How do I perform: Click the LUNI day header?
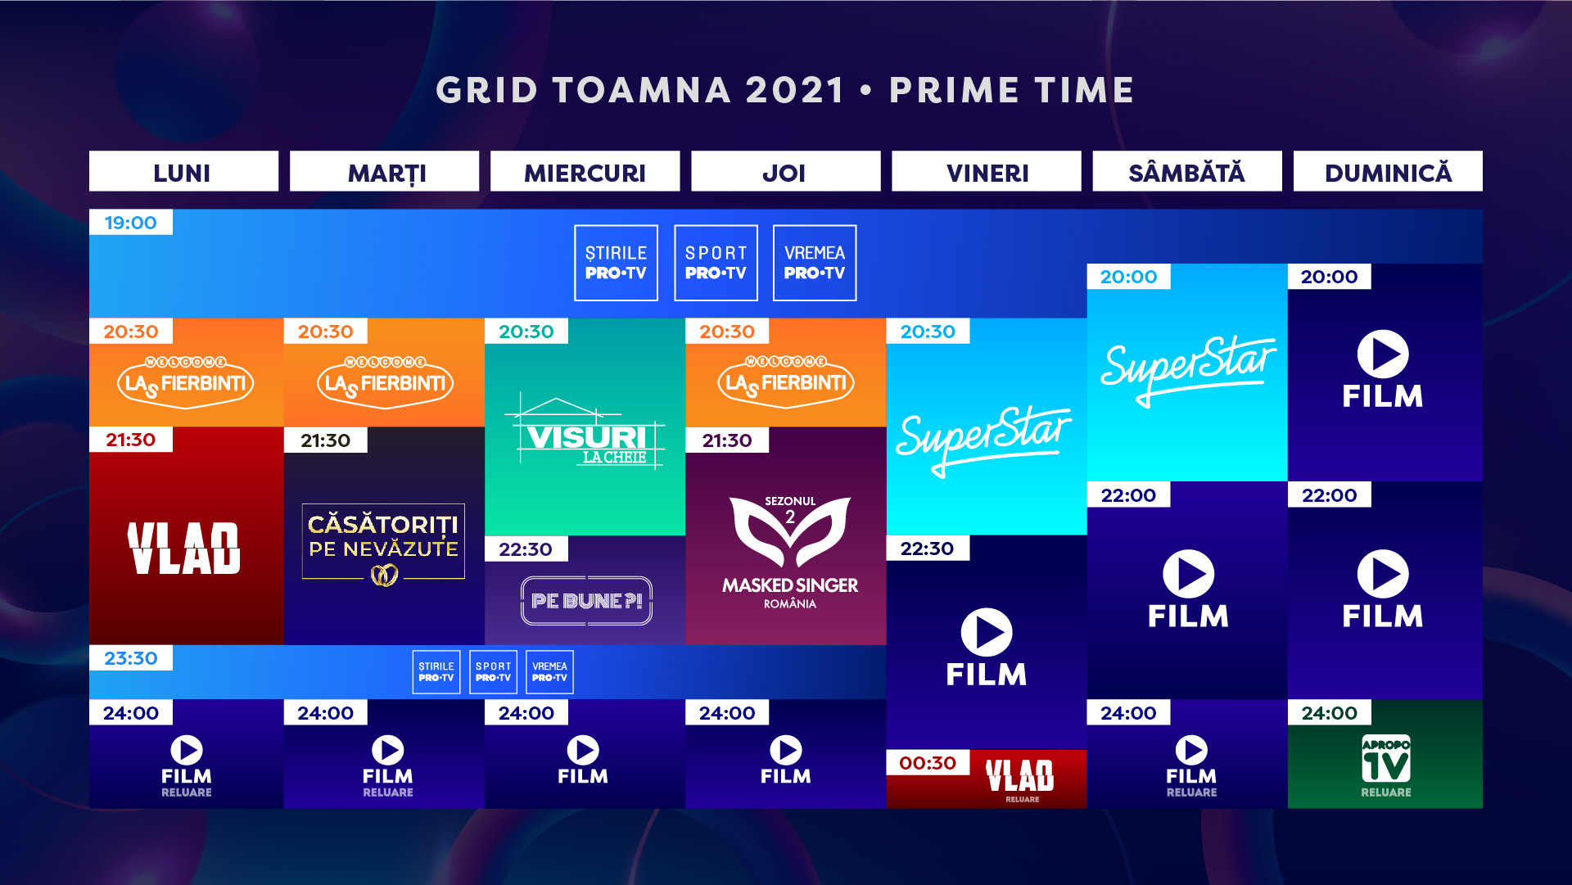point(183,172)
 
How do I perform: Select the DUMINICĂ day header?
point(1388,172)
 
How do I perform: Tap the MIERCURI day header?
point(585,172)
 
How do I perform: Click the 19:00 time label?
point(131,223)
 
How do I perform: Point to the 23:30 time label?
point(131,658)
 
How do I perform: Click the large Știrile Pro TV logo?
point(616,263)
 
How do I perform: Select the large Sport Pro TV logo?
point(716,263)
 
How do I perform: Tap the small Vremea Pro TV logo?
point(549,672)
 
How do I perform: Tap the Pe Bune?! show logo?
point(586,601)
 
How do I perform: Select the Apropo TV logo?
point(1385,759)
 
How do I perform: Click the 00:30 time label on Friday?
point(928,763)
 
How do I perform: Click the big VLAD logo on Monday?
point(184,548)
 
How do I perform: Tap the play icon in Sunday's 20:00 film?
point(1383,354)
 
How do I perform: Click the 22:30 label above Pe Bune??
point(526,549)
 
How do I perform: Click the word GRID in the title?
point(486,90)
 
